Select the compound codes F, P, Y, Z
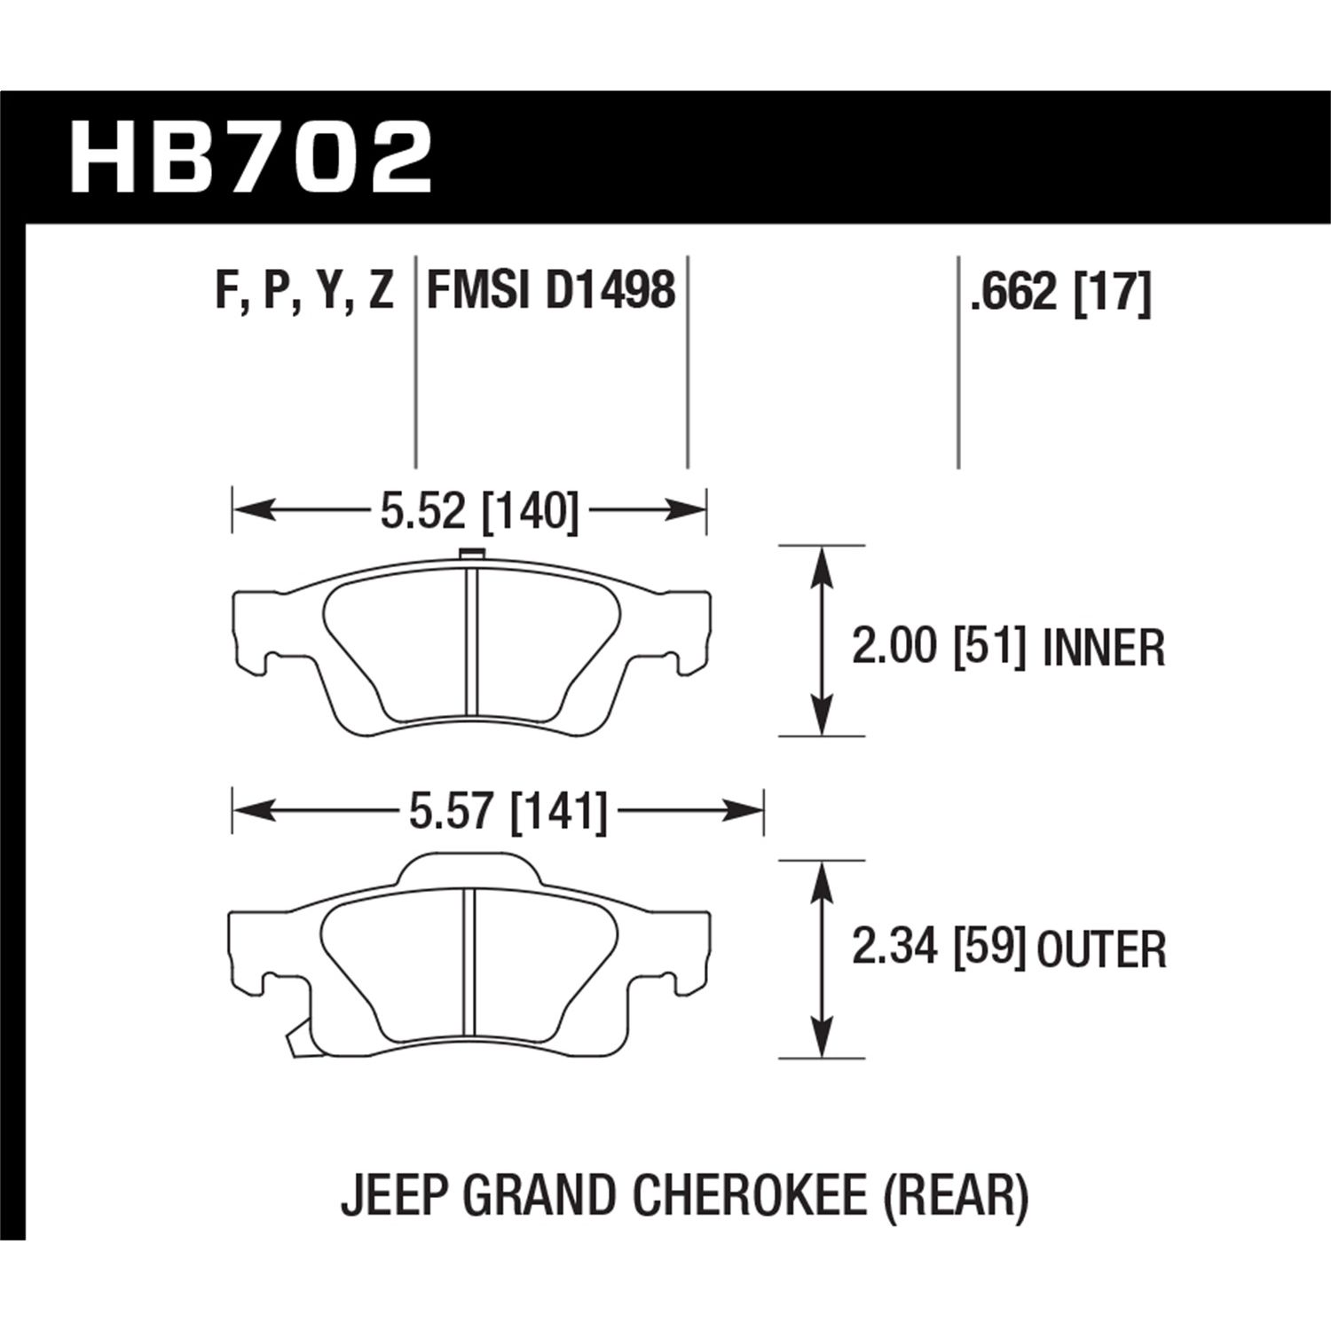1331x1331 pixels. click(303, 290)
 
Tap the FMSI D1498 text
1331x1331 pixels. click(551, 290)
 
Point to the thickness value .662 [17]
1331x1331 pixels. click(1059, 292)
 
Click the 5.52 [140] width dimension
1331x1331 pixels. click(478, 512)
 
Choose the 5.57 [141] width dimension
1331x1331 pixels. click(508, 812)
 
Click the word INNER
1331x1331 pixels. click(1103, 648)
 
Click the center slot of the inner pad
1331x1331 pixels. click(472, 639)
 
